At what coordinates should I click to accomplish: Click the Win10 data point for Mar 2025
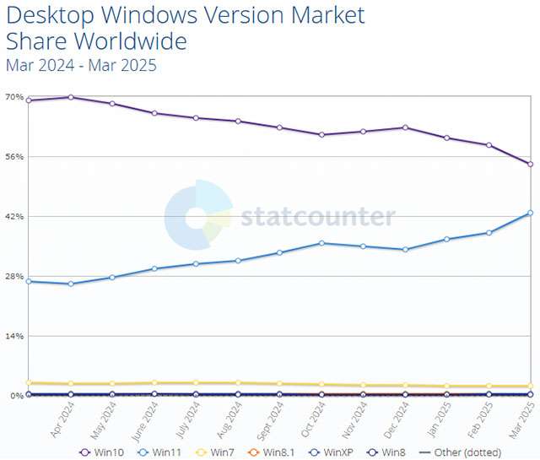(530, 164)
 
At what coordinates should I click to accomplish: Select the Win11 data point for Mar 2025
(530, 213)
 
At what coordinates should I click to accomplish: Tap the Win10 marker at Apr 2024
(70, 97)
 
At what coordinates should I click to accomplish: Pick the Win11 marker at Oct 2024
(321, 243)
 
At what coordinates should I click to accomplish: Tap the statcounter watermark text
(317, 217)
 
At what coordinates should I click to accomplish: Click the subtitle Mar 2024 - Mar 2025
(81, 65)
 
